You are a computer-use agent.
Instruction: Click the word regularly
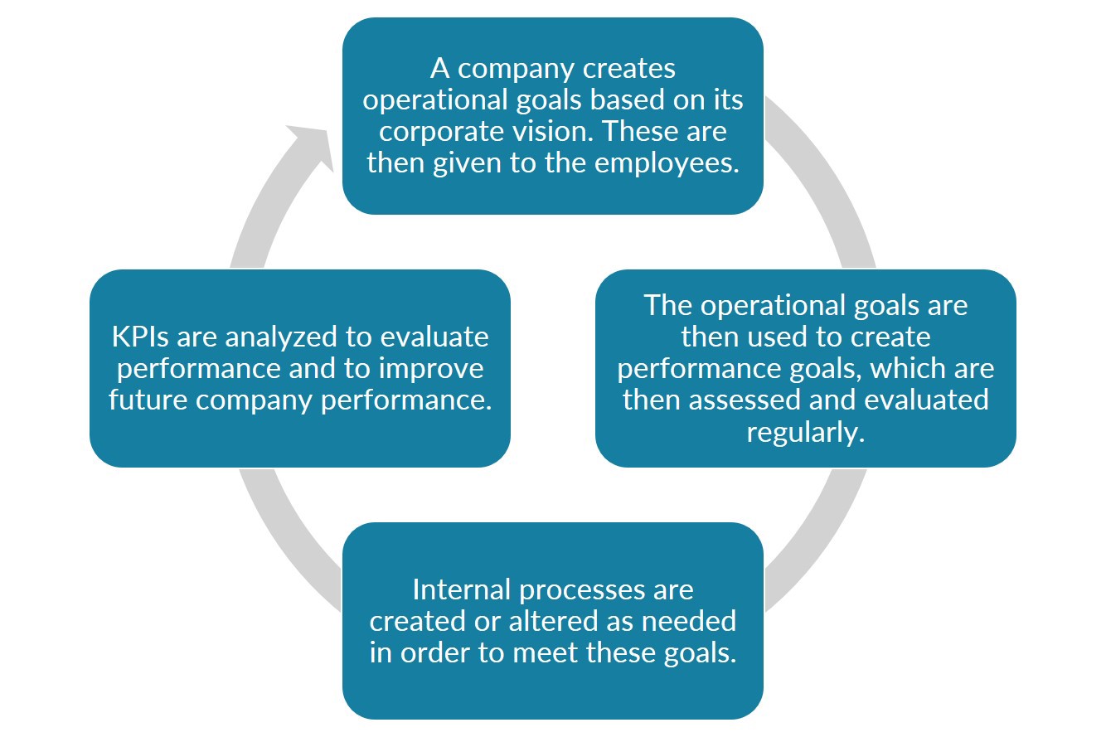[805, 432]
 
